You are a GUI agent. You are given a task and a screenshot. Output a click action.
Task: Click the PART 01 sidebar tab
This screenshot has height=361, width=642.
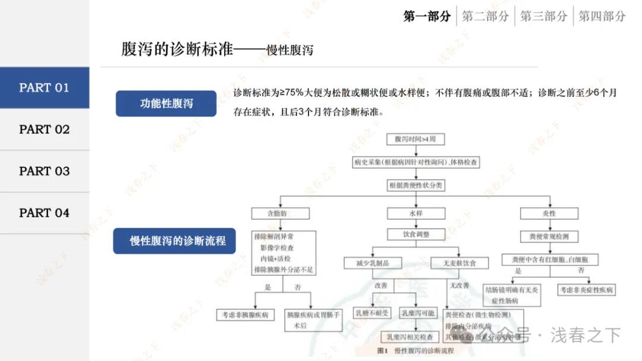click(45, 88)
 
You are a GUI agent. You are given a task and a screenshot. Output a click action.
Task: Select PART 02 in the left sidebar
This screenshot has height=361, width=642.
click(45, 130)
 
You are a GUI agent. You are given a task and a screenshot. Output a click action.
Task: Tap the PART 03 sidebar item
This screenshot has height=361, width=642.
click(45, 171)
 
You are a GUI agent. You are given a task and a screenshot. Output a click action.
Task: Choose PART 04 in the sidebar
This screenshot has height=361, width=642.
click(45, 213)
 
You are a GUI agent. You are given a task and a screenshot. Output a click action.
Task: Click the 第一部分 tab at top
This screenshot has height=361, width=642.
click(427, 17)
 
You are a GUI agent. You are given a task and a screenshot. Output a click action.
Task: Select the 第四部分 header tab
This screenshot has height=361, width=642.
click(602, 17)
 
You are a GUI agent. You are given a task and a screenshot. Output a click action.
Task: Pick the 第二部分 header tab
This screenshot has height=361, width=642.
click(486, 17)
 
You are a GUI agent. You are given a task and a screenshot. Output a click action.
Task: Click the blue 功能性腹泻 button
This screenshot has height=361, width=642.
click(166, 103)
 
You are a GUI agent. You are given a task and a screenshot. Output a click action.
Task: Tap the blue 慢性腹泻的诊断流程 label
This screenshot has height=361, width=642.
click(174, 241)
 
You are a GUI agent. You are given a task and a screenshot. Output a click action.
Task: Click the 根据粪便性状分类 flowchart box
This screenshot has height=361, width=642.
click(416, 185)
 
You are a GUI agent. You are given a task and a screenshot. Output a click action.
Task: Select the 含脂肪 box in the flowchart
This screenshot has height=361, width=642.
click(281, 213)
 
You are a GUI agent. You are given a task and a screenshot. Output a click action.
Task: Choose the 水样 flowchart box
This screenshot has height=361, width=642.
click(416, 213)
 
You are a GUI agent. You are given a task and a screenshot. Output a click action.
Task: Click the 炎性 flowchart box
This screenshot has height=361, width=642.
click(549, 213)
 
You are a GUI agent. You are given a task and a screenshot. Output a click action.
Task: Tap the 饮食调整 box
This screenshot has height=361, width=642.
click(416, 234)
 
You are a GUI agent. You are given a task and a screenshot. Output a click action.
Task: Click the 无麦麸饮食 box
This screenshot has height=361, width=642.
click(459, 263)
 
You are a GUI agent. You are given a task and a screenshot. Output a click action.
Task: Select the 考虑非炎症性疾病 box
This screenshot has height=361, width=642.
click(586, 290)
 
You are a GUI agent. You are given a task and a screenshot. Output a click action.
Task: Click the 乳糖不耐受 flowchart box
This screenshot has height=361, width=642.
click(373, 313)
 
